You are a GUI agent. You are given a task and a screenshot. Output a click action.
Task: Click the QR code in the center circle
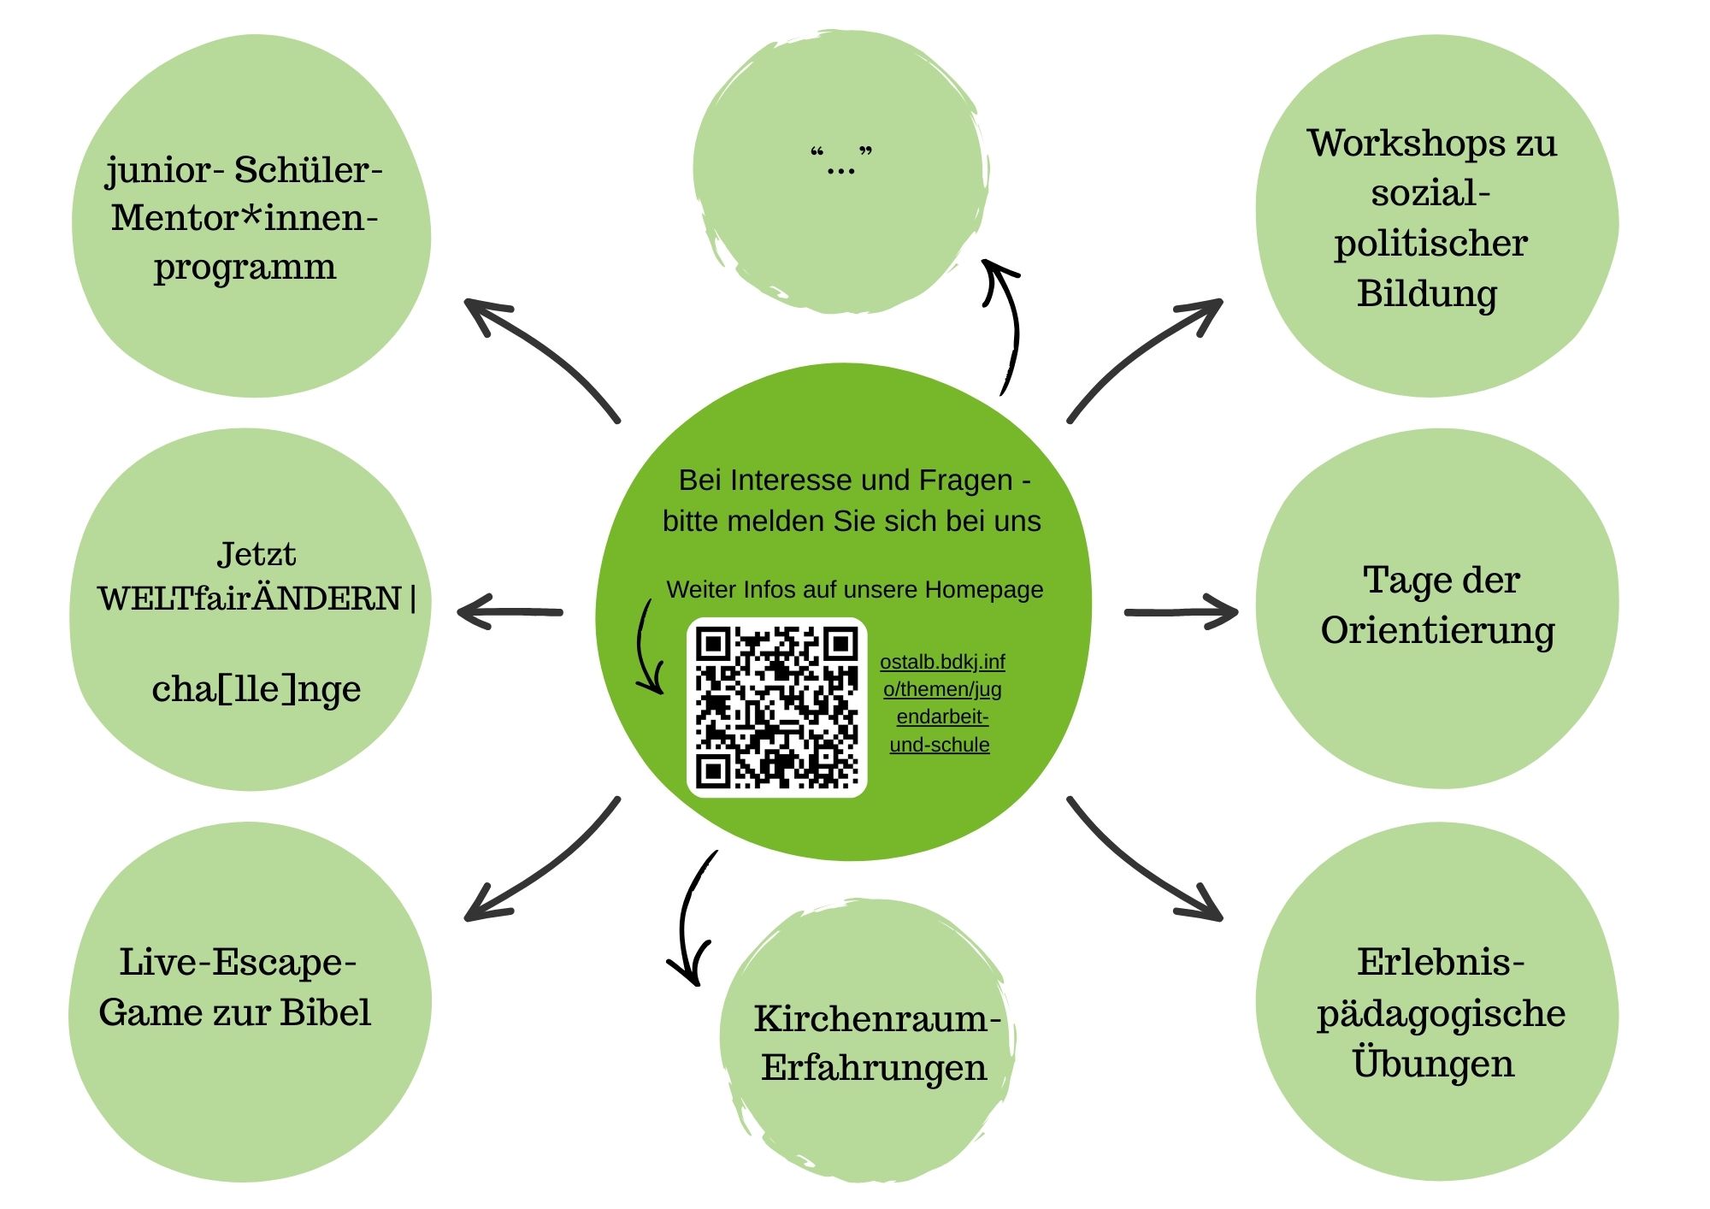click(x=776, y=707)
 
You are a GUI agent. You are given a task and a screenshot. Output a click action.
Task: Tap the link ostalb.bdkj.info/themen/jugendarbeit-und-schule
click(x=941, y=703)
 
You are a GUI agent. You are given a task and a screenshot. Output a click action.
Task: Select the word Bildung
click(x=1426, y=293)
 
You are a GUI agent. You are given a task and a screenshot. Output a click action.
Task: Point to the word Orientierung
click(x=1437, y=631)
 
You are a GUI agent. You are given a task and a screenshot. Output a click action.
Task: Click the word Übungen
click(x=1433, y=1063)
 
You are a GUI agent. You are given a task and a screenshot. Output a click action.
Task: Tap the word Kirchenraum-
click(x=876, y=1018)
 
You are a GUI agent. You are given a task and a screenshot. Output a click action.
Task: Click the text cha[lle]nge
click(x=256, y=688)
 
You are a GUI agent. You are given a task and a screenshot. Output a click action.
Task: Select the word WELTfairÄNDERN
click(x=250, y=599)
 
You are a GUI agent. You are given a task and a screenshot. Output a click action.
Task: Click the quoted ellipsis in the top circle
click(x=841, y=160)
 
